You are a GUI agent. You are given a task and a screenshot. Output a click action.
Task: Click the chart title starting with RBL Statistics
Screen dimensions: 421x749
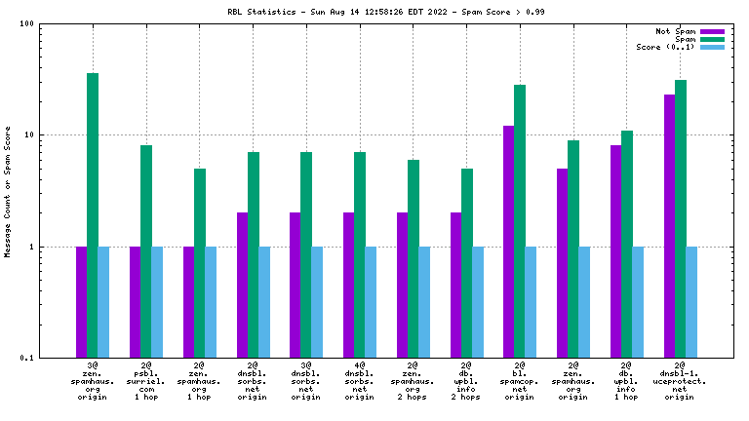(374, 13)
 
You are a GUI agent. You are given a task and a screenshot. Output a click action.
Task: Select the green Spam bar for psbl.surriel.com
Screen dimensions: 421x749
(146, 251)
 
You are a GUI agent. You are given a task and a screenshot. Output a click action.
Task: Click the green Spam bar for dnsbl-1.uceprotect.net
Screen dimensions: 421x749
(681, 218)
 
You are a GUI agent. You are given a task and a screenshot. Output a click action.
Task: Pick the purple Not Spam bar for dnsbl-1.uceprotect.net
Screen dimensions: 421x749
(669, 226)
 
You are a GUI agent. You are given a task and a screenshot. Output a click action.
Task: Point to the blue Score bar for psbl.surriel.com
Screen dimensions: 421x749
(157, 302)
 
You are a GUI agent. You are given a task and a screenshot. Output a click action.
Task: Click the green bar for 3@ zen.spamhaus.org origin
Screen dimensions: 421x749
(93, 215)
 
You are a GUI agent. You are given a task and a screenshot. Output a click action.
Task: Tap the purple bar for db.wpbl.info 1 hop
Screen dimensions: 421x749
(615, 251)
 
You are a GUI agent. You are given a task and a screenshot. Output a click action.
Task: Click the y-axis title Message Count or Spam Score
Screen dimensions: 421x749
(8, 191)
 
